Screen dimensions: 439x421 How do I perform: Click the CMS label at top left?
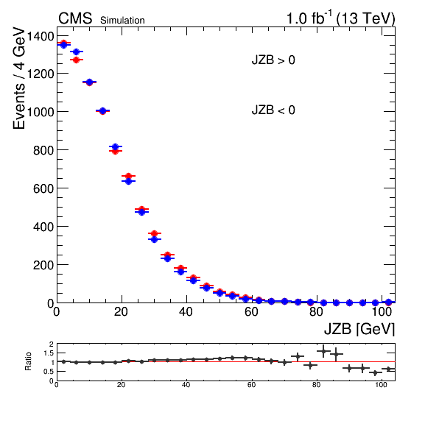tap(75, 18)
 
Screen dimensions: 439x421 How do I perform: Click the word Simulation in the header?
tap(122, 21)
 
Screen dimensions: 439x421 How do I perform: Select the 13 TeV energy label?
tap(365, 18)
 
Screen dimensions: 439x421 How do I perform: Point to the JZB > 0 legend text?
tap(273, 60)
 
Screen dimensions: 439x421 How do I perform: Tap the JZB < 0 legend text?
tap(273, 110)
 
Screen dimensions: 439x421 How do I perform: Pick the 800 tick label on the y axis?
tap(43, 150)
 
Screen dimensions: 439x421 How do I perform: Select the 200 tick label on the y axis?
tap(43, 265)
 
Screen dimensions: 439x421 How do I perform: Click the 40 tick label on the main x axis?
tap(186, 311)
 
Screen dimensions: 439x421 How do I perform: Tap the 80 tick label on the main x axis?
tap(317, 311)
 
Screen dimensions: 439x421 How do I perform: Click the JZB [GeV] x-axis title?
tap(359, 329)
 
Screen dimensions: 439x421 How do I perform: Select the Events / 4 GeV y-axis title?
tap(19, 78)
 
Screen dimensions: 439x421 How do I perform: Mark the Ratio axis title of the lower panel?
tap(28, 361)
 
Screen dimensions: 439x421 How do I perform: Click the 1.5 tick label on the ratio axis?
tap(49, 353)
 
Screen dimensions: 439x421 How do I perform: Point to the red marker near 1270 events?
tap(76, 60)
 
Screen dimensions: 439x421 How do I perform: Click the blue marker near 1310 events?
tap(76, 52)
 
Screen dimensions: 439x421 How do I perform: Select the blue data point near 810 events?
tap(116, 146)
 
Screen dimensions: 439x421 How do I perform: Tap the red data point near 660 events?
tap(128, 176)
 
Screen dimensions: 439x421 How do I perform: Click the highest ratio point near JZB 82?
tap(323, 351)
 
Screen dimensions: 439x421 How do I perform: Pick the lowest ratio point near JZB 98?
tap(376, 372)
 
